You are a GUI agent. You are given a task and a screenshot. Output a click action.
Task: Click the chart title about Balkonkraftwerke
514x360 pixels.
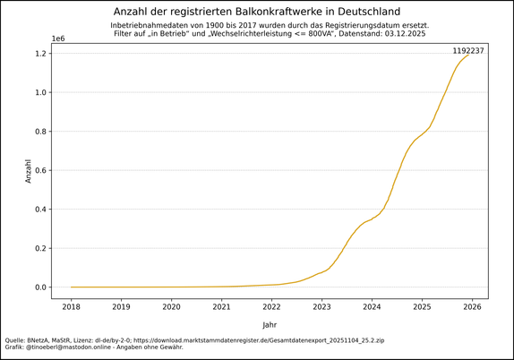[x=257, y=11]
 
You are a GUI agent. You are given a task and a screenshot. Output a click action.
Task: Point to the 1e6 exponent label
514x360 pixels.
[x=58, y=39]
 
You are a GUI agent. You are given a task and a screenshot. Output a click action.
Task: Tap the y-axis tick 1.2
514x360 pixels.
[x=39, y=54]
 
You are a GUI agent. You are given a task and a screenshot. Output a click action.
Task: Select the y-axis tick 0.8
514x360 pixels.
[x=39, y=132]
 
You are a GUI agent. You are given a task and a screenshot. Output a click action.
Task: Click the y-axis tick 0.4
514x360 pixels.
[x=39, y=210]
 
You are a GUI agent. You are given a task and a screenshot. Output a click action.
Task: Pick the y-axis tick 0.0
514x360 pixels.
[x=39, y=287]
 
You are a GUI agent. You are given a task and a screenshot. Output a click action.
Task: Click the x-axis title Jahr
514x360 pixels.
[x=270, y=324]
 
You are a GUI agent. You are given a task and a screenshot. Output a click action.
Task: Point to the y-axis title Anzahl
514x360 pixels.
[x=28, y=171]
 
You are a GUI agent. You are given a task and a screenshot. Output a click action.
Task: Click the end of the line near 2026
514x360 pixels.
[x=468, y=56]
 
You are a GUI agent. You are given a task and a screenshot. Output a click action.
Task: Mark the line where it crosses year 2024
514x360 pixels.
[x=372, y=219]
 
